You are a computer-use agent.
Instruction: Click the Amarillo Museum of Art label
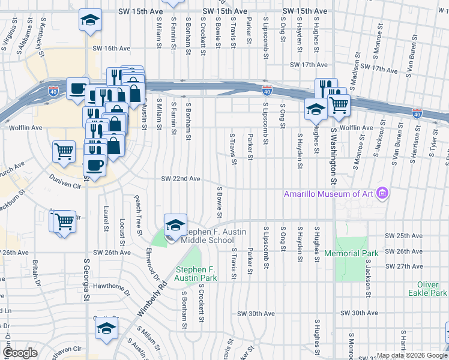pyautogui.click(x=328, y=193)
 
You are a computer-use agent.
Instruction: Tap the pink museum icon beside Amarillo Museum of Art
pyautogui.click(x=382, y=193)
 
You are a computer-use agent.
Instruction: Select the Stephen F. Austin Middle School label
pyautogui.click(x=207, y=236)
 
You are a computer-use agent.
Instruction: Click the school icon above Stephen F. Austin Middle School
pyautogui.click(x=175, y=225)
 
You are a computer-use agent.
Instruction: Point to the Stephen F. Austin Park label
pyautogui.click(x=196, y=274)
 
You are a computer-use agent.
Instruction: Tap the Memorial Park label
pyautogui.click(x=351, y=253)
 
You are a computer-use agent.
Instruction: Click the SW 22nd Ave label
pyautogui.click(x=180, y=179)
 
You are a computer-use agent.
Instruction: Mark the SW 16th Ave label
pyautogui.click(x=112, y=49)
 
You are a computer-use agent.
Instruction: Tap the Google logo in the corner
pyautogui.click(x=20, y=353)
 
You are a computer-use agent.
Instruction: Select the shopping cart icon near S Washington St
pyautogui.click(x=339, y=105)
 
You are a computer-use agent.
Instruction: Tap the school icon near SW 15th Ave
pyautogui.click(x=90, y=21)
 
